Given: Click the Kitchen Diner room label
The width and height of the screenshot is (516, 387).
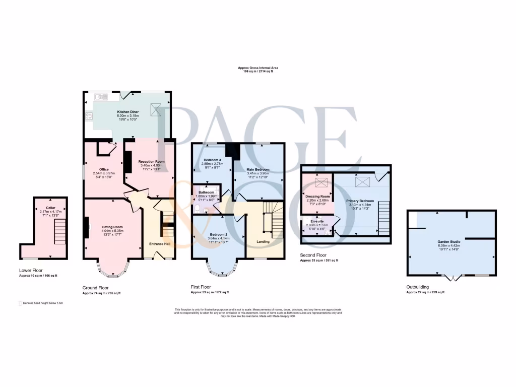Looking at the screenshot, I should pos(128,111).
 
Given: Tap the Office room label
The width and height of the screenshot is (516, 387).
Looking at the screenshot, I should pos(104,169).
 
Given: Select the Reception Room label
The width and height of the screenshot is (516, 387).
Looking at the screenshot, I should pos(152,161).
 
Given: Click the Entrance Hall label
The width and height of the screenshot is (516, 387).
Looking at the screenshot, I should pos(160,244).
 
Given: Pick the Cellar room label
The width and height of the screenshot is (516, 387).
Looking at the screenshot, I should pos(50,207).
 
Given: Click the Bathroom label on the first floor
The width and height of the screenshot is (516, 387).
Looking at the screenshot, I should pos(207,192).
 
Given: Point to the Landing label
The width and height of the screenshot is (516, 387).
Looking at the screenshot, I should pos(263,242).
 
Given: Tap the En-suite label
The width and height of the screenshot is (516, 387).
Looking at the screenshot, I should pos(317,221).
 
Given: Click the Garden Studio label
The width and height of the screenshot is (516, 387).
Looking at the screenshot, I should pos(448,242).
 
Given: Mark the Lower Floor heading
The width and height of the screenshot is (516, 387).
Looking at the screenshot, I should pos(31,270).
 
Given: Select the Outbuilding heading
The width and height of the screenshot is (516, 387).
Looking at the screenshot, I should pos(417,287).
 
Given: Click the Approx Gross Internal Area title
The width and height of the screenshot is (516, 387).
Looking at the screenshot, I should pos(258,68).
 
